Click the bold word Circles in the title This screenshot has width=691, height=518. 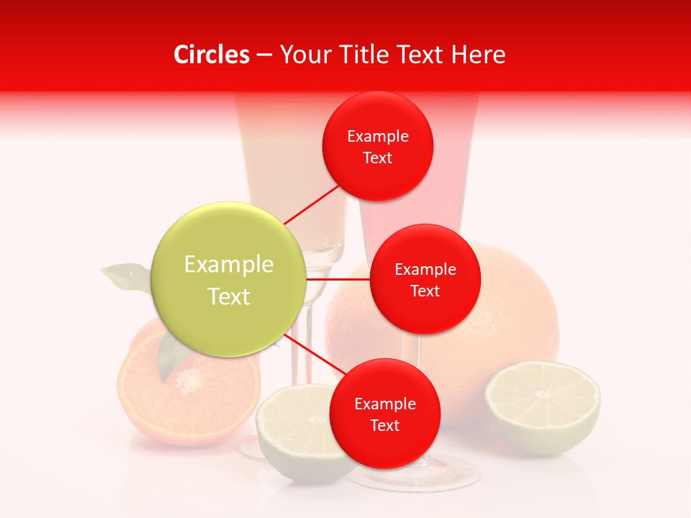coord(211,55)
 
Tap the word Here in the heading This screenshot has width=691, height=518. coord(478,55)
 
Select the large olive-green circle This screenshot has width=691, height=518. coord(229,279)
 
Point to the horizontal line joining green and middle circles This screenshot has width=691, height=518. coord(338,279)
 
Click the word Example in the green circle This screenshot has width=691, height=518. coord(229,264)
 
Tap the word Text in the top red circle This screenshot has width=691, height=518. coord(377,158)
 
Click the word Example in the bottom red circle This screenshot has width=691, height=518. coord(384,404)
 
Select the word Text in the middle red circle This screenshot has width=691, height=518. coord(425,291)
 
